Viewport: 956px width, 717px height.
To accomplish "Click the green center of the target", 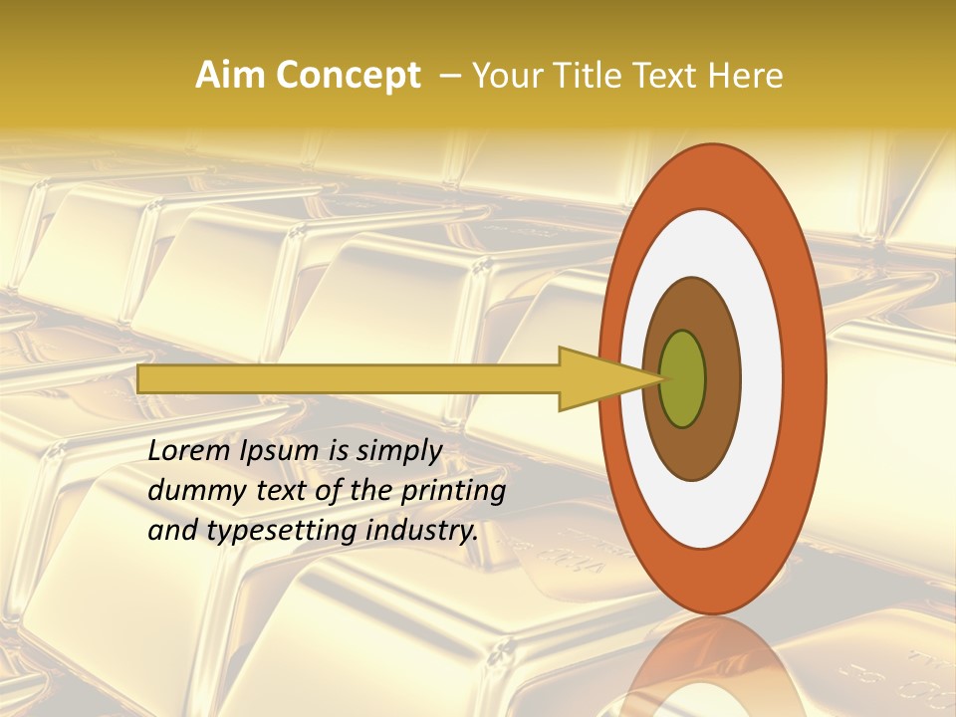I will pos(683,378).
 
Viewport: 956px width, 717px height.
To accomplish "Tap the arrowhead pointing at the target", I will pos(597,378).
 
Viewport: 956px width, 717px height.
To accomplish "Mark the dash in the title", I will pos(449,76).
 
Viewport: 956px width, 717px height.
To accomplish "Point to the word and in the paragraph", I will pos(172,532).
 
